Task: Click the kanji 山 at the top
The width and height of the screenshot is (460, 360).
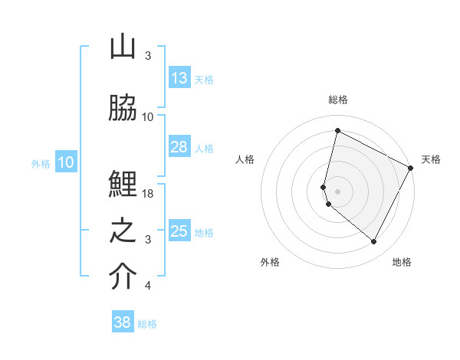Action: pos(123,47)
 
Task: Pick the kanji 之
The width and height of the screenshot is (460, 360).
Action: pos(123,231)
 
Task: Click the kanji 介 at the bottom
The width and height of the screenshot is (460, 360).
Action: pos(123,277)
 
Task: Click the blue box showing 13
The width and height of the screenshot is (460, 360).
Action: pos(179,78)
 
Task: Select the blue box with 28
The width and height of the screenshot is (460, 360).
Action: pos(179,147)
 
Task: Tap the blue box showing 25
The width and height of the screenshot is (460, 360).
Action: pos(179,231)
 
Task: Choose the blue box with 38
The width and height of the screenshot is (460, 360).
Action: pos(123,322)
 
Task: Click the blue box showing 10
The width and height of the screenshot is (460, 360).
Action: pos(66,162)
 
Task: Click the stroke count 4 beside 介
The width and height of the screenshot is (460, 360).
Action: pos(148,286)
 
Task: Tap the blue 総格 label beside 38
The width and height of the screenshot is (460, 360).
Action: pos(147,324)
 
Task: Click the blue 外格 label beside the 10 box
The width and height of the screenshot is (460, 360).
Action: pos(41,163)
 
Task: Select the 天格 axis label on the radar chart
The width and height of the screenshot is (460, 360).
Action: pos(432,159)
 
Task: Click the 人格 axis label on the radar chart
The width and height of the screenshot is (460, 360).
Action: pos(245,159)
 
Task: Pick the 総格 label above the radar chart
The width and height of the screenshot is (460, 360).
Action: pos(338,100)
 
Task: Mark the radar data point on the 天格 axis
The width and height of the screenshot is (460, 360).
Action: pos(411,168)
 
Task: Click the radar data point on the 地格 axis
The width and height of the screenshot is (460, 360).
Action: pos(374,242)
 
